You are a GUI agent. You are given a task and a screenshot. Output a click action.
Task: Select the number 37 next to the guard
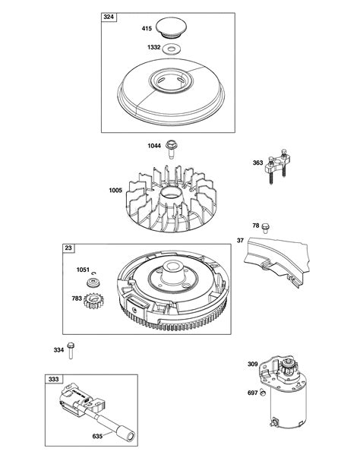[x=240, y=241]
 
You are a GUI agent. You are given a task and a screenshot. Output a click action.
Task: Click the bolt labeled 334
[x=71, y=349]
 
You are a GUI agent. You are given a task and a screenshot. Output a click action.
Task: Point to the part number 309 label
[x=252, y=365]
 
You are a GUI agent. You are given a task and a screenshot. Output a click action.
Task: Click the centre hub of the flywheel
[x=172, y=279]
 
